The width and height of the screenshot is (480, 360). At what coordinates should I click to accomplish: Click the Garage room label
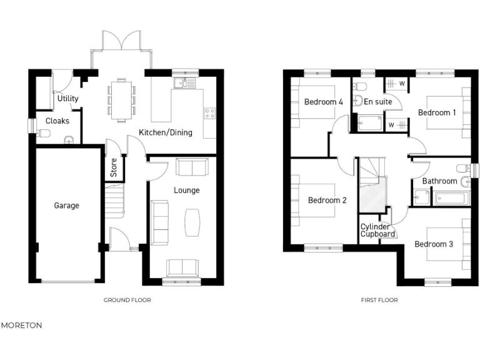point(66,205)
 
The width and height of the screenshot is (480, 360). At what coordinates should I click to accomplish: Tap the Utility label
point(67,99)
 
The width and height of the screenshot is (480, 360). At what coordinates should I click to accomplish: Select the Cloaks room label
point(57,121)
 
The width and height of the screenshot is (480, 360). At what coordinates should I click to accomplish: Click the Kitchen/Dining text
point(165,132)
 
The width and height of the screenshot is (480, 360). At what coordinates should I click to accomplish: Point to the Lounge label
point(186,190)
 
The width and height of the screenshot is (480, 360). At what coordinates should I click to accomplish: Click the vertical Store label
point(114,167)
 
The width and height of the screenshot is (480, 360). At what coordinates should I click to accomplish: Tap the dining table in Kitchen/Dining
point(121,98)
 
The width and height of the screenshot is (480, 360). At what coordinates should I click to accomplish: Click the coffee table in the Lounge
point(192,222)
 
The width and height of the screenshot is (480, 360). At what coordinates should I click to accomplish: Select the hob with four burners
point(209,113)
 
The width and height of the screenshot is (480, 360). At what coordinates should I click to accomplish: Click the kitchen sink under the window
point(186,82)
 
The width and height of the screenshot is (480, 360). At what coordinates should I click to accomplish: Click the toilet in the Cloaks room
point(44,132)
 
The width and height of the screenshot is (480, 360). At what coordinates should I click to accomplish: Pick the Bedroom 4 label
point(323,102)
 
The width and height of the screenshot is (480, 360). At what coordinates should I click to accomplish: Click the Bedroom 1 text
point(437,112)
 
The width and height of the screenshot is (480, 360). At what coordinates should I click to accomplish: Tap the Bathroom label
point(439,181)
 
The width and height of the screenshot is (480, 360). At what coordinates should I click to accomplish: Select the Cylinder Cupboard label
point(378,230)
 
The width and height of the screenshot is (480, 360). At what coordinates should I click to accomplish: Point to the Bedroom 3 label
point(434,244)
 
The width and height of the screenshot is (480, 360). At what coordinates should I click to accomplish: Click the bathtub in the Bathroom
point(452,198)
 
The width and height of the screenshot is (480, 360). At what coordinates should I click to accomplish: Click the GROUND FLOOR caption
point(127,300)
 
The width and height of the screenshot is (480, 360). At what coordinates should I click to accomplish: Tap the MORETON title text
point(21,326)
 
